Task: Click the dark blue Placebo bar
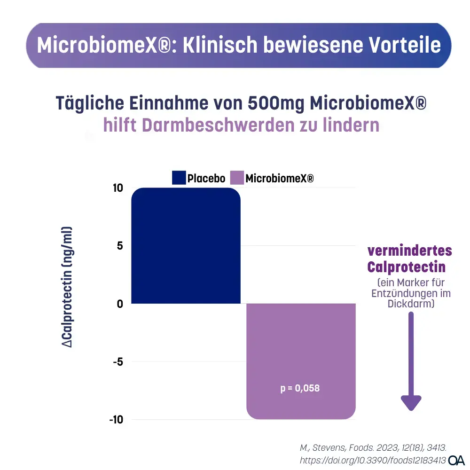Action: coord(186,245)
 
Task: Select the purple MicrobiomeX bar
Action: coord(301,361)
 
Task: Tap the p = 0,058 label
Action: coord(300,388)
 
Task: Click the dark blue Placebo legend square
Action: coord(179,178)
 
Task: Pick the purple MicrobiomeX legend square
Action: coord(237,178)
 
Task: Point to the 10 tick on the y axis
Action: coord(117,188)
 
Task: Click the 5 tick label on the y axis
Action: coord(120,246)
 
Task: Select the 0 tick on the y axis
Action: coord(120,304)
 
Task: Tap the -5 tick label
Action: coord(117,361)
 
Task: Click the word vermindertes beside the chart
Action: coord(409,251)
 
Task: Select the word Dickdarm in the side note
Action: coord(411,304)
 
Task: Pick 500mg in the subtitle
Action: coord(276,103)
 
